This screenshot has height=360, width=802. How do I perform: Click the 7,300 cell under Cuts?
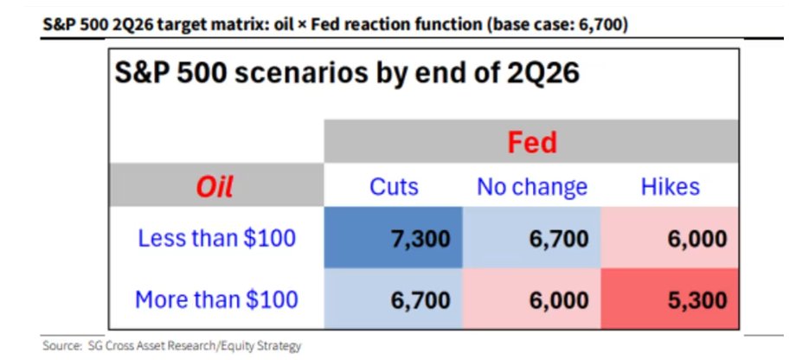click(394, 238)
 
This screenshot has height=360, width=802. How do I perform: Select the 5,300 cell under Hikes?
click(670, 299)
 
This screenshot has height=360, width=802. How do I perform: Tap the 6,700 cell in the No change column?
click(531, 238)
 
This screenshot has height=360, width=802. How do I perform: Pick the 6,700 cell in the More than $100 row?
click(394, 299)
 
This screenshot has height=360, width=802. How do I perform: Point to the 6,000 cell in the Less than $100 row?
click(670, 238)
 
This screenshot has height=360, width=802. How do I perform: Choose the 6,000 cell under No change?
click(531, 299)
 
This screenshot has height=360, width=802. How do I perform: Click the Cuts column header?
click(394, 187)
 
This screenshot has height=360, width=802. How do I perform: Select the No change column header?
click(532, 187)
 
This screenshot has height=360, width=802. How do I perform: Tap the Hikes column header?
click(670, 187)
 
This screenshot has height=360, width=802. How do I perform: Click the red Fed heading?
click(532, 143)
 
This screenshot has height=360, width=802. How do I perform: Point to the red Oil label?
click(215, 187)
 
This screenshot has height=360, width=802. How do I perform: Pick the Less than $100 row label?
click(217, 238)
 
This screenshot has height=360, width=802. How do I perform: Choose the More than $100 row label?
click(216, 299)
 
